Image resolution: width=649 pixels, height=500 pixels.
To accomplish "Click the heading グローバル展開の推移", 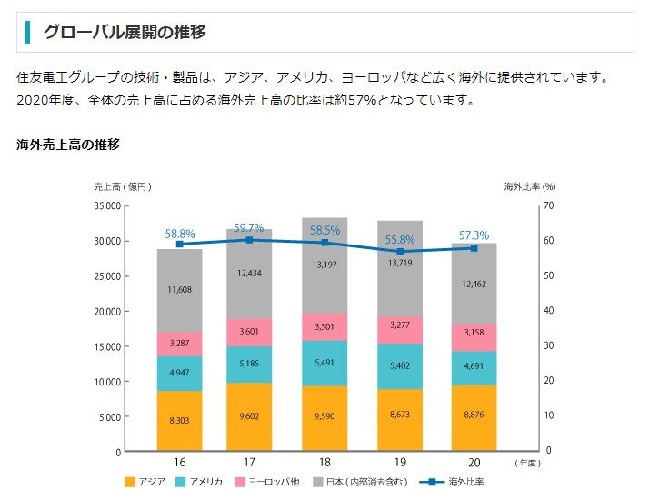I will [125, 33].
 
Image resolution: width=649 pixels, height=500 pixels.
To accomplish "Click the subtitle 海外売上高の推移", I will [68, 145].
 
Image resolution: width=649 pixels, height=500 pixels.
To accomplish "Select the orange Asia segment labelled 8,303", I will [179, 421].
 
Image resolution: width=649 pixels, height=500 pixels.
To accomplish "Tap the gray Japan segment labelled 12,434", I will [249, 274].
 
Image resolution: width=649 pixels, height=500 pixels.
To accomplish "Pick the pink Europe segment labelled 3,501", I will [324, 327].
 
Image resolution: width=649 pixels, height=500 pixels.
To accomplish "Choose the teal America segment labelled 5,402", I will [399, 365].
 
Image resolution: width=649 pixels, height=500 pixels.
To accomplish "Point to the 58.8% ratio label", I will [180, 234].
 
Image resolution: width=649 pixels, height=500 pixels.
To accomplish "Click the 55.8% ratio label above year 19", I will [400, 241].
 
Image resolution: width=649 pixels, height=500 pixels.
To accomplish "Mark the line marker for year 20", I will [474, 248].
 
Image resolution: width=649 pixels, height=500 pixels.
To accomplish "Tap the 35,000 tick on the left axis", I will [105, 206].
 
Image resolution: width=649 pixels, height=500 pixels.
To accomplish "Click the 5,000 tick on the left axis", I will [108, 416].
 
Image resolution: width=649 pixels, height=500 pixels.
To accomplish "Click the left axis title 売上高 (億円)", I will [122, 186].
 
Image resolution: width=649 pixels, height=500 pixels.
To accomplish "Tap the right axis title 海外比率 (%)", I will [530, 186].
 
